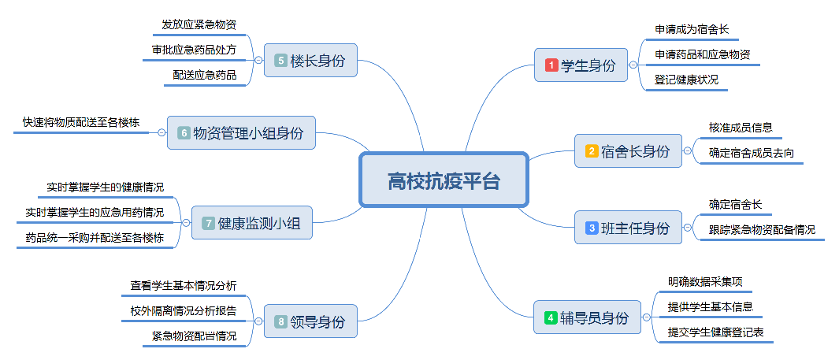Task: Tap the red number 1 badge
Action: [x=551, y=65]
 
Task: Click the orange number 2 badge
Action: [x=592, y=150]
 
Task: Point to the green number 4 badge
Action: [x=551, y=318]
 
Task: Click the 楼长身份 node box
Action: [x=311, y=60]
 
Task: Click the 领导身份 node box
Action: [x=311, y=321]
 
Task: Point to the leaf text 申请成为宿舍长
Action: [x=692, y=30]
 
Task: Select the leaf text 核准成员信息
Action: [x=741, y=127]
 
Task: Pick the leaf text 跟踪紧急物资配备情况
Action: [x=762, y=230]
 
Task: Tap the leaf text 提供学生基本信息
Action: [x=710, y=306]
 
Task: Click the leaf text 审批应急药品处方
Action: [x=195, y=50]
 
